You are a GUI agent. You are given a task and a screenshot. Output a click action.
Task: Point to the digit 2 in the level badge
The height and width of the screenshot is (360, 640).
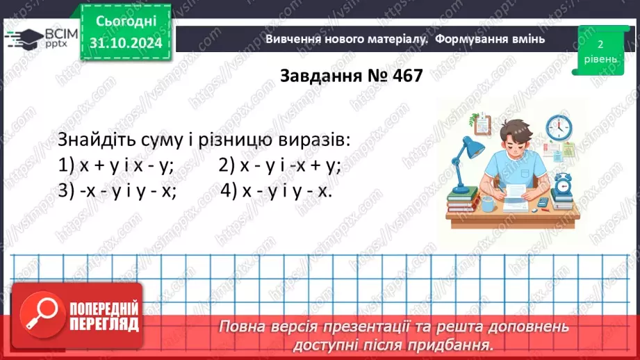[x=599, y=44]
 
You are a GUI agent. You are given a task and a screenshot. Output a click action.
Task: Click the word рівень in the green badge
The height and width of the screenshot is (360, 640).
[x=599, y=59]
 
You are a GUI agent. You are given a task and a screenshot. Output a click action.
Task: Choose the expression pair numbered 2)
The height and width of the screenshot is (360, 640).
[x=280, y=165]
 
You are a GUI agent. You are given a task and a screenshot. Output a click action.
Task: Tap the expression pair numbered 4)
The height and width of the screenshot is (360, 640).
[x=277, y=190]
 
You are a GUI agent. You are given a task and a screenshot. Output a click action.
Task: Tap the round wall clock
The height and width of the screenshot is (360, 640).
[x=559, y=127]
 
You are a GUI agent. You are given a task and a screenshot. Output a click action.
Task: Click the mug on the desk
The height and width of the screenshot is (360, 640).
[x=489, y=203]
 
